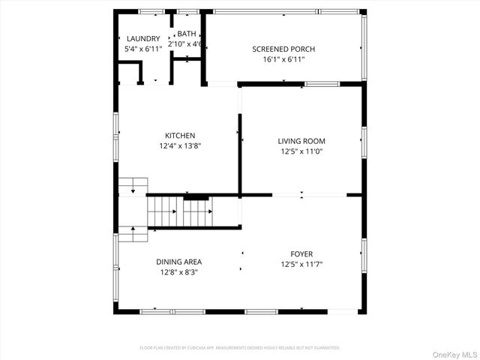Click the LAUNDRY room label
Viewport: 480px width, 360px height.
[142, 39]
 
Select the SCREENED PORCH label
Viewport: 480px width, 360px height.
[283, 49]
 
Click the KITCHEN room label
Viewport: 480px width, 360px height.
[180, 136]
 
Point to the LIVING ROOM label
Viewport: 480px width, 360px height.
[301, 140]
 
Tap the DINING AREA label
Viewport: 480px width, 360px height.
[179, 262]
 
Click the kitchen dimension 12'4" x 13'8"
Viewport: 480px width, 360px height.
[180, 146]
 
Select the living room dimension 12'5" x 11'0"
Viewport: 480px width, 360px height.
[301, 151]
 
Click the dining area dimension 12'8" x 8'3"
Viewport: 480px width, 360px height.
[179, 272]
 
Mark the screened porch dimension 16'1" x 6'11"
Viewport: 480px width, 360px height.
[283, 60]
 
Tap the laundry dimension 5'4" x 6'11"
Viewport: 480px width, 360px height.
[142, 49]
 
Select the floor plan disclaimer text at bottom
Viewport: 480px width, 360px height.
[240, 348]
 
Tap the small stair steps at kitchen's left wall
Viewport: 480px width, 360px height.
[133, 186]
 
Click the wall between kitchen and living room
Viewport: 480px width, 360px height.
[239, 154]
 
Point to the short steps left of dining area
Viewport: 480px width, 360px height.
[132, 235]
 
